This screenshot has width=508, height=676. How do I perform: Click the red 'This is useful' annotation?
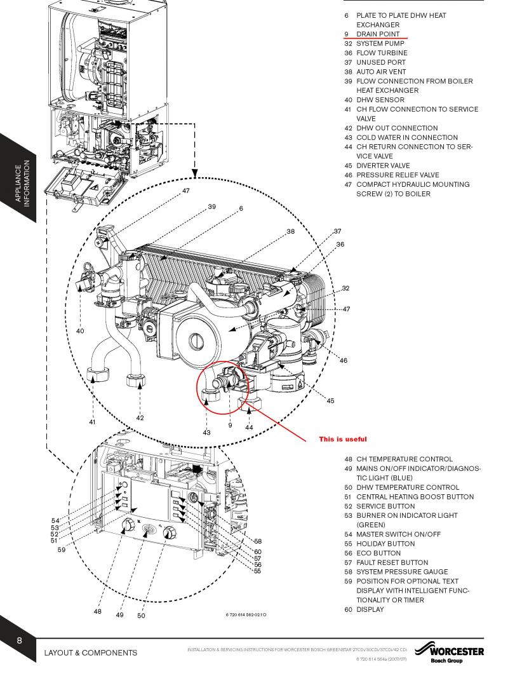pos(343,439)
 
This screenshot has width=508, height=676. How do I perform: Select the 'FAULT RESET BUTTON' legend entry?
pos(392,563)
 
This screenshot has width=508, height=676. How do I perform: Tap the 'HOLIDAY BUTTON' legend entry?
pos(385,544)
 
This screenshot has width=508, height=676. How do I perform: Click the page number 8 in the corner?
pos(20,640)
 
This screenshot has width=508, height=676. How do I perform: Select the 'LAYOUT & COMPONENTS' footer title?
pos(90,652)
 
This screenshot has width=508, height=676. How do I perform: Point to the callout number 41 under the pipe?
pos(92,422)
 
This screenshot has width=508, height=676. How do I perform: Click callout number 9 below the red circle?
pos(231,424)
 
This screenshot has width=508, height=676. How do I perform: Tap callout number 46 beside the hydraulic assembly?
pos(344,361)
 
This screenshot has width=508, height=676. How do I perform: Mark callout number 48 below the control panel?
pos(97,612)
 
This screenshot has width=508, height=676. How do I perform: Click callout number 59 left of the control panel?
pos(61,550)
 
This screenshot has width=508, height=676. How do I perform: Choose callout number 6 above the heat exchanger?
pos(241,208)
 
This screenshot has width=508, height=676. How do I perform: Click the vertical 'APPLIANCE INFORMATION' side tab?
pos(22,184)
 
